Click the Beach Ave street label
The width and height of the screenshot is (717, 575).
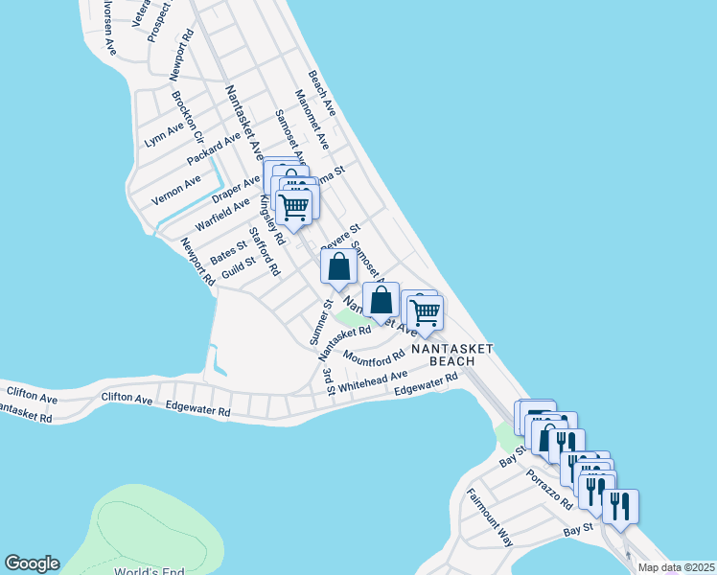pyautogui.click(x=321, y=94)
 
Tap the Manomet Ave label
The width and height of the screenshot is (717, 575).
pyautogui.click(x=312, y=121)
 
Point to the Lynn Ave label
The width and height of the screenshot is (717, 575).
pyautogui.click(x=163, y=134)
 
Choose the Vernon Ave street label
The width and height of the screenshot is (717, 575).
pyautogui.click(x=176, y=191)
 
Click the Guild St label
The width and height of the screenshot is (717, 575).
pyautogui.click(x=238, y=267)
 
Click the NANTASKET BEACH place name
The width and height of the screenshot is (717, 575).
pyautogui.click(x=451, y=356)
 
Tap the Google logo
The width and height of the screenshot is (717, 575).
pyautogui.click(x=32, y=563)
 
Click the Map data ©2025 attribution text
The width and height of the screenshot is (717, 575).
pyautogui.click(x=676, y=567)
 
